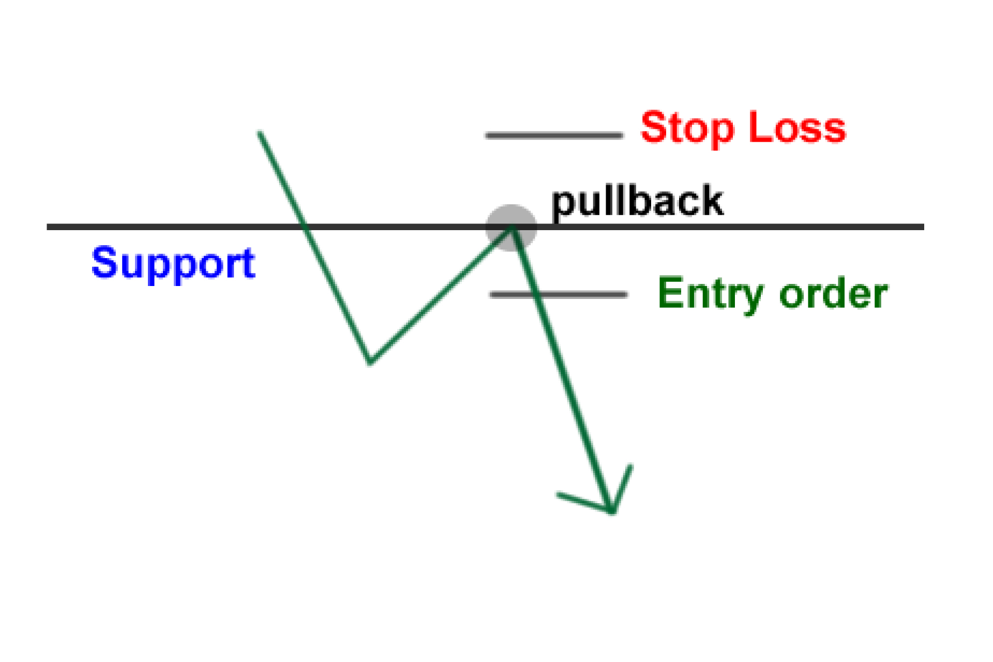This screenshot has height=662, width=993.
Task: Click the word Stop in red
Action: click(x=687, y=128)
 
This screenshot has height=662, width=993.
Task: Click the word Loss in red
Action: click(x=797, y=127)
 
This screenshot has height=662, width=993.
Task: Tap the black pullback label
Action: click(x=637, y=202)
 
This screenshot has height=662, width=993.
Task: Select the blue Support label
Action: click(x=173, y=264)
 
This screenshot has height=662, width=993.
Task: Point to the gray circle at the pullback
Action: click(x=511, y=228)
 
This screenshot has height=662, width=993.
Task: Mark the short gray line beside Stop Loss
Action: click(x=554, y=136)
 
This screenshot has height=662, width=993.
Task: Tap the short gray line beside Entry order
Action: click(x=559, y=295)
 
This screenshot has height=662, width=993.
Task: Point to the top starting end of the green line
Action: click(x=259, y=133)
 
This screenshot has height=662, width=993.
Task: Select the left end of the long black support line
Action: click(x=48, y=227)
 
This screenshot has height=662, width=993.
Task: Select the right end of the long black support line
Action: click(x=923, y=227)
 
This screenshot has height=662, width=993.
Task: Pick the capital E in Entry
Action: click(x=670, y=293)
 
